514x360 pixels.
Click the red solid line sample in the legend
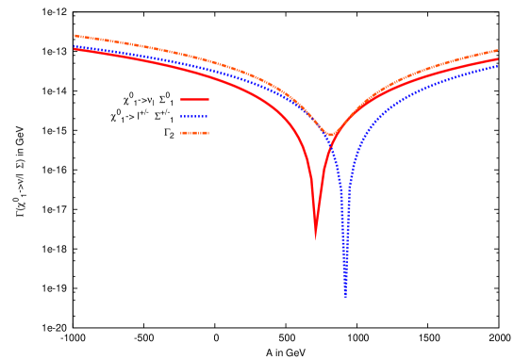tap(194, 99)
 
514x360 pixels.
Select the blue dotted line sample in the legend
tap(194, 116)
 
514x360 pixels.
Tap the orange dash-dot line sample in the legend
tap(194, 133)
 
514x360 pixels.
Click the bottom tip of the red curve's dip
tap(316, 238)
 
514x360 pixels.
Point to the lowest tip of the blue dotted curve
tap(345, 295)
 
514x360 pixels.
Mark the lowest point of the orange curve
tap(331, 135)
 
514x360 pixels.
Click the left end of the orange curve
tap(74, 36)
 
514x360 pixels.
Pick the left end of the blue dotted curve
tap(74, 45)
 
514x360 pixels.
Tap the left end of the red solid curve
tap(74, 49)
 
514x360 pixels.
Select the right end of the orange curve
tap(497, 50)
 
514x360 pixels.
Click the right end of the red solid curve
tap(497, 59)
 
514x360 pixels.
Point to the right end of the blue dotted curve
tap(497, 66)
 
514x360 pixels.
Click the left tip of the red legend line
tap(181, 99)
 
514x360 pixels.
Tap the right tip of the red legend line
tap(208, 99)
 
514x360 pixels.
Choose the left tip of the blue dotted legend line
tap(181, 116)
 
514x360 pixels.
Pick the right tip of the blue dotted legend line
tap(208, 116)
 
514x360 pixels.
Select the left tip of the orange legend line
tap(181, 133)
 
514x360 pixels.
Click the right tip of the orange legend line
tap(208, 133)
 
